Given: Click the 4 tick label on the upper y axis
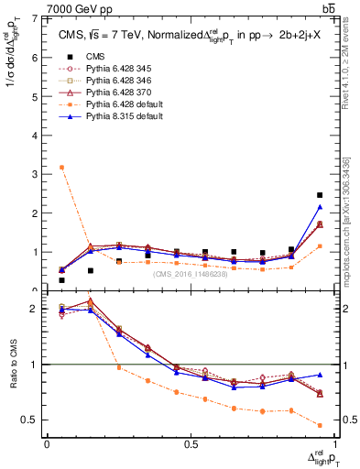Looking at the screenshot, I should point(37,135).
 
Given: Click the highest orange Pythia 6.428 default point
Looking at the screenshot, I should point(61,167).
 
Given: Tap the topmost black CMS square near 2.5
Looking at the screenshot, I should point(319,195).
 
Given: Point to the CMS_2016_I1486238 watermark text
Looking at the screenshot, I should point(191,274).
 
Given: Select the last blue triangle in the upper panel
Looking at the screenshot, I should point(319,207).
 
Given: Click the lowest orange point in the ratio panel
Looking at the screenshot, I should point(319,425).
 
